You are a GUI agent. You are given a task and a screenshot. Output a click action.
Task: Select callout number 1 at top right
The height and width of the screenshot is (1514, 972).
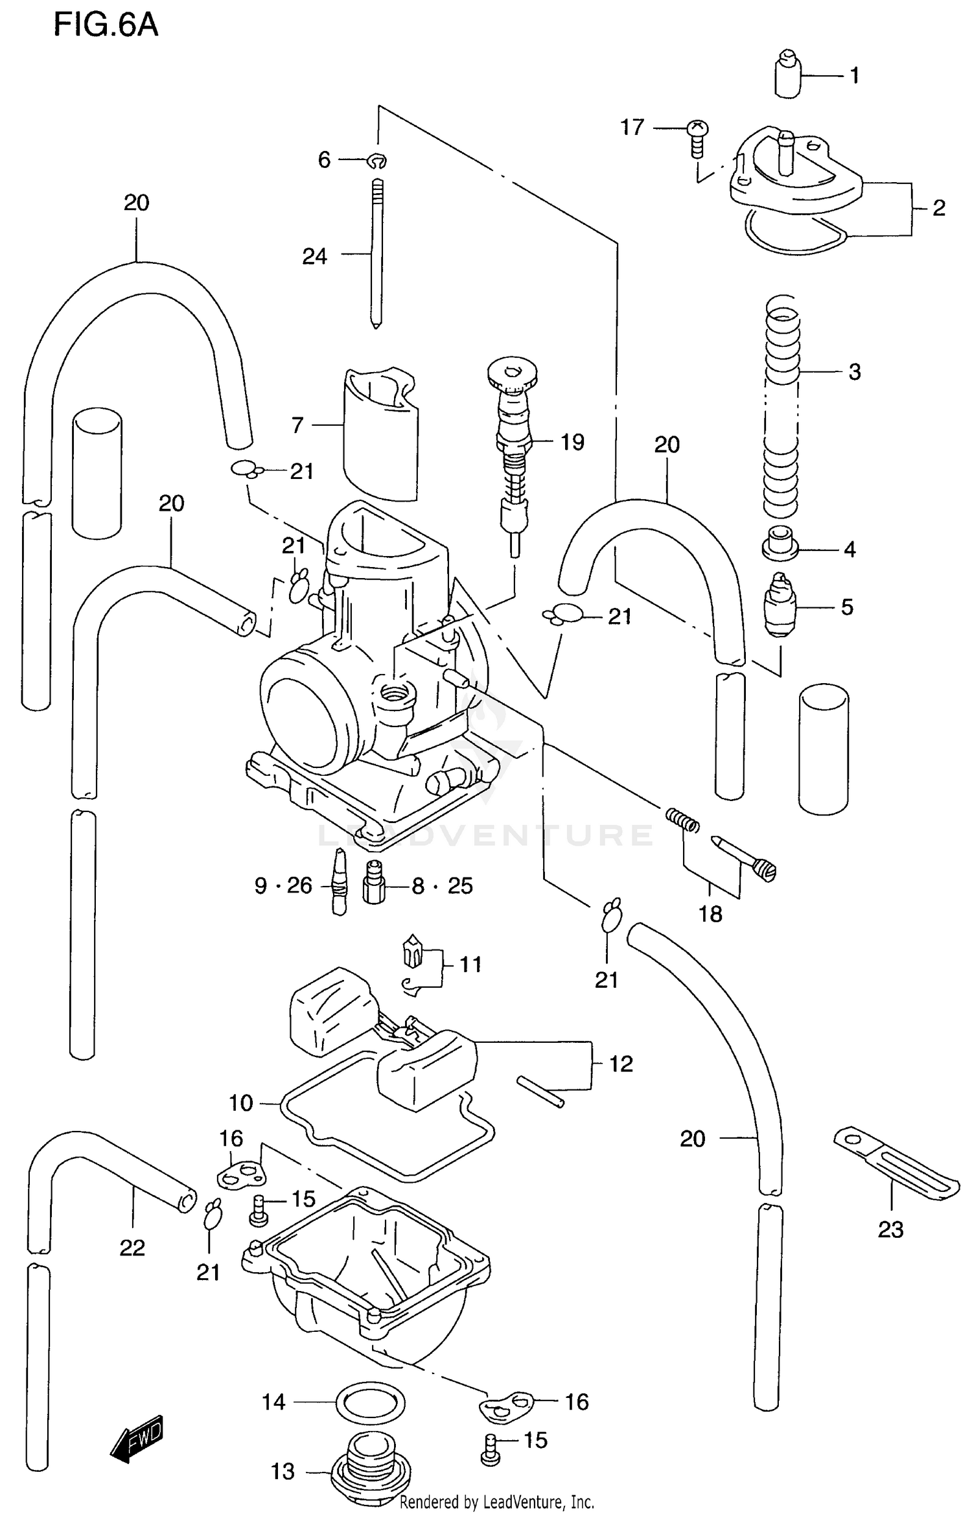pyautogui.click(x=854, y=76)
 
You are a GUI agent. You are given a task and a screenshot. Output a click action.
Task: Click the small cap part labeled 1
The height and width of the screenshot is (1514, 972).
pyautogui.click(x=787, y=74)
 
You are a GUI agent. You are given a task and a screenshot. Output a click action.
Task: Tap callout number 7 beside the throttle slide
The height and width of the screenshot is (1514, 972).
pyautogui.click(x=297, y=425)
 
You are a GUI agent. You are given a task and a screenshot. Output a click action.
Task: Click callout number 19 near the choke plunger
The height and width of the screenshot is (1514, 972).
pyautogui.click(x=572, y=443)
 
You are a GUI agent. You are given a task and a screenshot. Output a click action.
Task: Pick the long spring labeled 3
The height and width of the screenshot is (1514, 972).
pyautogui.click(x=781, y=402)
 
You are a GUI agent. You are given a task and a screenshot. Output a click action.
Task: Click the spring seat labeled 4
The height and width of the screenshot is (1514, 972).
pyautogui.click(x=780, y=543)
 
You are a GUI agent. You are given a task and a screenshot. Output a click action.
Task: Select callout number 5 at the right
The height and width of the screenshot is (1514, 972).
pyautogui.click(x=847, y=607)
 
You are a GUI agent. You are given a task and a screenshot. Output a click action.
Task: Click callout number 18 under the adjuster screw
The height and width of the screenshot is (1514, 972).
pyautogui.click(x=710, y=914)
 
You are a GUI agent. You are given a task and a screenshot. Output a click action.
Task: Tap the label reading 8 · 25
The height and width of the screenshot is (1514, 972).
pyautogui.click(x=443, y=885)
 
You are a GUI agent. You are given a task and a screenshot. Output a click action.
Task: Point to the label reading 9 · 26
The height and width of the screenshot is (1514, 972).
pyautogui.click(x=283, y=885)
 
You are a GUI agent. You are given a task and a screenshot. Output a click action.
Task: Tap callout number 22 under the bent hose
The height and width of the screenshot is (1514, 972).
pyautogui.click(x=132, y=1248)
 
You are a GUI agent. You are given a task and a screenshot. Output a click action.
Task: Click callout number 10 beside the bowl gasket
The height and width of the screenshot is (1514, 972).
pyautogui.click(x=240, y=1102)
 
